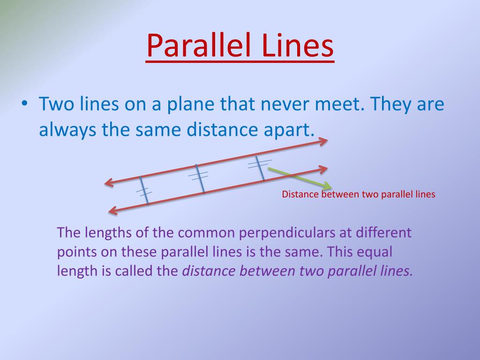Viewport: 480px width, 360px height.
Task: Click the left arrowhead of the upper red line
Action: (x=108, y=183)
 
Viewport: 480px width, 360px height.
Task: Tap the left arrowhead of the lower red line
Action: (x=112, y=211)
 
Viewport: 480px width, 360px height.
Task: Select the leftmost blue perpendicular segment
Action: (x=144, y=190)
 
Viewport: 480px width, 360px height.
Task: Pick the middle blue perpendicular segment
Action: (x=200, y=178)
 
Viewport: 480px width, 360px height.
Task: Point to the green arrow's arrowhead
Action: (x=328, y=186)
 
